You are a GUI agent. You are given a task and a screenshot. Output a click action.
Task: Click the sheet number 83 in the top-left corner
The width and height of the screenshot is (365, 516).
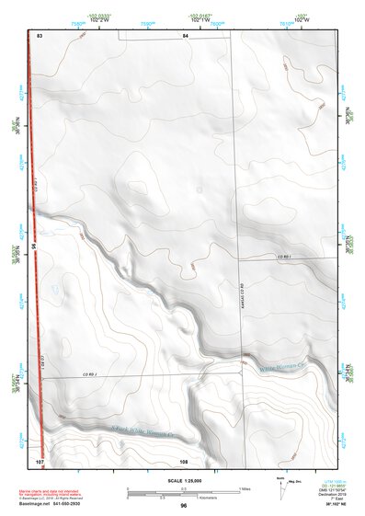40,35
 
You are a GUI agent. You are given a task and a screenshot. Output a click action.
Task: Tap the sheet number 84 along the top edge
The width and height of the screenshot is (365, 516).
185,35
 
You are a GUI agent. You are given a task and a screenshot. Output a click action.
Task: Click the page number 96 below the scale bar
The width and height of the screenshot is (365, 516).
184,506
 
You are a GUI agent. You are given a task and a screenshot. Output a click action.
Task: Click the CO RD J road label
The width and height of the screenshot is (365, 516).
89,375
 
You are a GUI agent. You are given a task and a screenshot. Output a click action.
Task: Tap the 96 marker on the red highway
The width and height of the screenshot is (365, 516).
34,247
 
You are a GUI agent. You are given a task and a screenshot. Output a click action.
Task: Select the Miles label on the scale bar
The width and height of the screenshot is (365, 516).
245,488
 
